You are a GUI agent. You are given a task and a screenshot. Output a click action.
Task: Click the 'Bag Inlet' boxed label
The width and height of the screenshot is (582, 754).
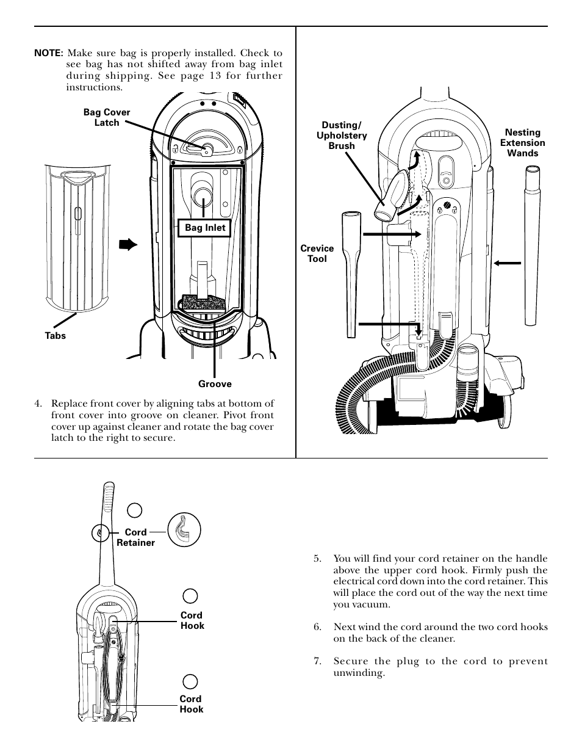pyautogui.click(x=205, y=228)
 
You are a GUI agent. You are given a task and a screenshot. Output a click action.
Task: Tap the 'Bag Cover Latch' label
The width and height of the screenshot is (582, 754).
pyautogui.click(x=107, y=117)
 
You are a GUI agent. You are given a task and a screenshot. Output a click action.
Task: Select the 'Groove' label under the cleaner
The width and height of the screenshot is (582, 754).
pyautogui.click(x=215, y=384)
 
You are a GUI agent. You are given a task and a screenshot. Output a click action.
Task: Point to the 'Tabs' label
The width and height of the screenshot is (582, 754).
pyautogui.click(x=55, y=336)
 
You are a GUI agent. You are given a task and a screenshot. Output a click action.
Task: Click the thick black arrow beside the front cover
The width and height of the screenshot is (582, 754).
pyautogui.click(x=128, y=245)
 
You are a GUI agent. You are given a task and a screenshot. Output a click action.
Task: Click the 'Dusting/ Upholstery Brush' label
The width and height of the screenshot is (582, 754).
pyautogui.click(x=342, y=136)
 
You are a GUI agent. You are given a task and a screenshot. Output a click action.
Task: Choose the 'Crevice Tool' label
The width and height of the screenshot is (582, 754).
pyautogui.click(x=317, y=253)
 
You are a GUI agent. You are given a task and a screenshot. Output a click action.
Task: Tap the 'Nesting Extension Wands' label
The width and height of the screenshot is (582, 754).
pyautogui.click(x=522, y=143)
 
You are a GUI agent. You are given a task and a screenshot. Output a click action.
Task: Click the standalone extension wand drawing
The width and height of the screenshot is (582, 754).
pyautogui.click(x=530, y=244)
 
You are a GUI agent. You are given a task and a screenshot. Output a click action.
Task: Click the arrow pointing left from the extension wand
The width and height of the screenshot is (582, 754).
pyautogui.click(x=507, y=263)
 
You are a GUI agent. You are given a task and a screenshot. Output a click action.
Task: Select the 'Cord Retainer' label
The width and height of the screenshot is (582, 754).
pyautogui.click(x=135, y=537)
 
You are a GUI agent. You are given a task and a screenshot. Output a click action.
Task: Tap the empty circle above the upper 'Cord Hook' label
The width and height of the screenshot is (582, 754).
pyautogui.click(x=190, y=595)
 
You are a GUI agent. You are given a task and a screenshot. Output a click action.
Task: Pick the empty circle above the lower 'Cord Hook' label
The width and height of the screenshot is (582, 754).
pyautogui.click(x=190, y=681)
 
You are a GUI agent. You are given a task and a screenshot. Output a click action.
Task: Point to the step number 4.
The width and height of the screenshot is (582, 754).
pyautogui.click(x=38, y=404)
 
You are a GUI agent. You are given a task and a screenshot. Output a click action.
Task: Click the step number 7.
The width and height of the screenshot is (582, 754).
pyautogui.click(x=317, y=661)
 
